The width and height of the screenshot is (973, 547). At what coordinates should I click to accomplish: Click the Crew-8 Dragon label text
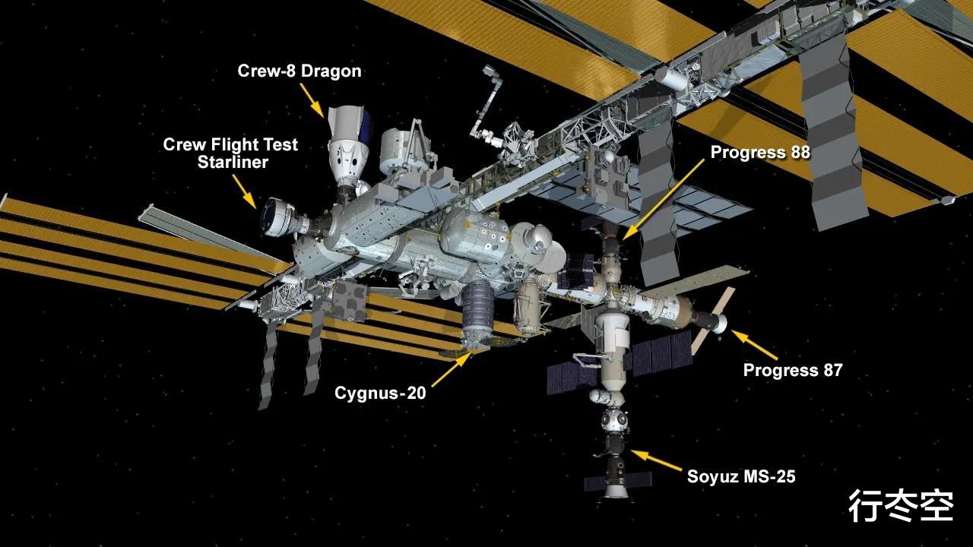(300, 71)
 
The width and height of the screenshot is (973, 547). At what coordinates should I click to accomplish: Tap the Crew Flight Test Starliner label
(230, 153)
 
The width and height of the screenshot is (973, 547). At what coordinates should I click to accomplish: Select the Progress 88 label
(760, 153)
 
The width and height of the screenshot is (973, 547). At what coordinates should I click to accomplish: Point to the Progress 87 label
(793, 370)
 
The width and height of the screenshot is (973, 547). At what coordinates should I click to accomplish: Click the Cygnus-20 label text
(380, 394)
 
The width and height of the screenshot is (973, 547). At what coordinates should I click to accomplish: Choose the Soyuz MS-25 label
(741, 476)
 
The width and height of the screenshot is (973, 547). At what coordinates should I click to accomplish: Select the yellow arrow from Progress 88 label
(663, 200)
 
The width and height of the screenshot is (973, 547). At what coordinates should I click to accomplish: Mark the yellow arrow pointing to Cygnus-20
(452, 369)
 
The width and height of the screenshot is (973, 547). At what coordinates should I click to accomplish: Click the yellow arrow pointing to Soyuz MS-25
(656, 460)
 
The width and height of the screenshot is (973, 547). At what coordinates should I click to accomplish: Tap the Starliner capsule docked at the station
(280, 218)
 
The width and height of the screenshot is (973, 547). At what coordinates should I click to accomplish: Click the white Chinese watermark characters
(902, 506)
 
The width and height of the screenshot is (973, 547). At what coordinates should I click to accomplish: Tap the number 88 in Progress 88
(797, 153)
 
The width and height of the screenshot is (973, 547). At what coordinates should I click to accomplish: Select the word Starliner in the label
(233, 163)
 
